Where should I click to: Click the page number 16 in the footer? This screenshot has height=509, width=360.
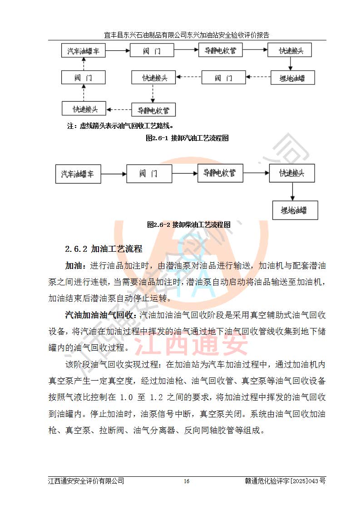point(187,481)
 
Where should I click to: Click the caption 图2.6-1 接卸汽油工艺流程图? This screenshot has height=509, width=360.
point(187,138)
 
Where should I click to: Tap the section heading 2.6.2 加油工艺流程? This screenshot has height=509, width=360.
point(104,249)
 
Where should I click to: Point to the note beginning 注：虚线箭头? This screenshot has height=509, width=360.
point(121,126)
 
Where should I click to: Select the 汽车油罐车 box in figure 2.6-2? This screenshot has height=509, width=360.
point(78,173)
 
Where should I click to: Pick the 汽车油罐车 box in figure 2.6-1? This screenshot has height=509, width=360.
point(83,50)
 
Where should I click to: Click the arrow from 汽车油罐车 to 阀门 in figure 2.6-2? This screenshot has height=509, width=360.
point(114,173)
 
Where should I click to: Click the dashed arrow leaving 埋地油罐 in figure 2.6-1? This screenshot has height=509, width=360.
point(259,78)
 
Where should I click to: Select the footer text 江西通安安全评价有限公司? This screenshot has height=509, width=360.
point(86,481)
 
